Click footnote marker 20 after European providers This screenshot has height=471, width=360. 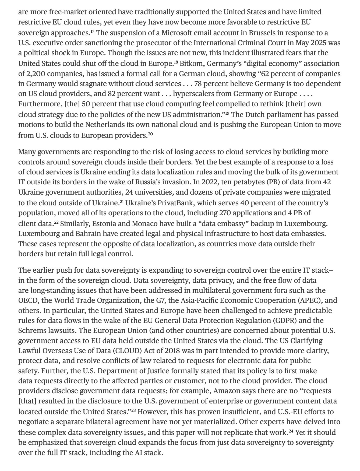(x=150, y=134)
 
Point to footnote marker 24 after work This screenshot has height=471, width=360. (x=291, y=431)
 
